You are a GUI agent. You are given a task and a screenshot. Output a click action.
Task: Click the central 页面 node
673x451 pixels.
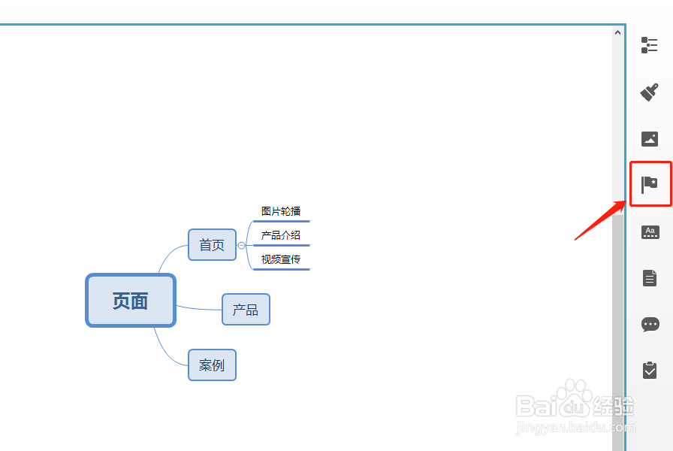tap(131, 301)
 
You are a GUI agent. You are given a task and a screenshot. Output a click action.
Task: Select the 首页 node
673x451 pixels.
tap(212, 245)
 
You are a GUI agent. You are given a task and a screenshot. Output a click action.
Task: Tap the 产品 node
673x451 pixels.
tap(246, 310)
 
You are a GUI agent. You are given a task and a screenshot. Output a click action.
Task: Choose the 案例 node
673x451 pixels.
tap(212, 365)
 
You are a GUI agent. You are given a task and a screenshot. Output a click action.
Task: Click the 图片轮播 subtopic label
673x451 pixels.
tap(281, 211)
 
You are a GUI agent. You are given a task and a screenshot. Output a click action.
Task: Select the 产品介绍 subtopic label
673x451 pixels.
tap(281, 235)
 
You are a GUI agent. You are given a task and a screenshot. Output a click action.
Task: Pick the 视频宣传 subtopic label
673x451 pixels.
tap(281, 259)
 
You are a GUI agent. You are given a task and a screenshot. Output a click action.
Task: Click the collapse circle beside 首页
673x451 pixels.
tap(241, 245)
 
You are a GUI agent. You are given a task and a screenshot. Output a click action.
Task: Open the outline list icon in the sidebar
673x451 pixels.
tap(650, 45)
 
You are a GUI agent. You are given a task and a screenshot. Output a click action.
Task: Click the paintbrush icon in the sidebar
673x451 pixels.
tap(650, 92)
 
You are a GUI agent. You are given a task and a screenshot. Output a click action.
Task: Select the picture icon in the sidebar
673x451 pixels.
tap(650, 139)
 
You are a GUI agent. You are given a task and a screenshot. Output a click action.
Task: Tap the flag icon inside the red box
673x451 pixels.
tap(650, 184)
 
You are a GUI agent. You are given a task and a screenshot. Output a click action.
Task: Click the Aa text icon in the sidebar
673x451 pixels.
tap(650, 232)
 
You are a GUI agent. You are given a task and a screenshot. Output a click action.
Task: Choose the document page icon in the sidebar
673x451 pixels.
tap(650, 278)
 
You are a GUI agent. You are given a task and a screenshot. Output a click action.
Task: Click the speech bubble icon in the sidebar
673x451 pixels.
tap(650, 325)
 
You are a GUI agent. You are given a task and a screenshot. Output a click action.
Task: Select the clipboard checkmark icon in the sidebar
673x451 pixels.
tap(650, 370)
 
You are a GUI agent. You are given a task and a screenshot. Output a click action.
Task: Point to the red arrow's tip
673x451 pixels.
tap(625, 201)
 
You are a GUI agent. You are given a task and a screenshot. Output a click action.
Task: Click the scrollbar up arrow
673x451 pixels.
tap(618, 32)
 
